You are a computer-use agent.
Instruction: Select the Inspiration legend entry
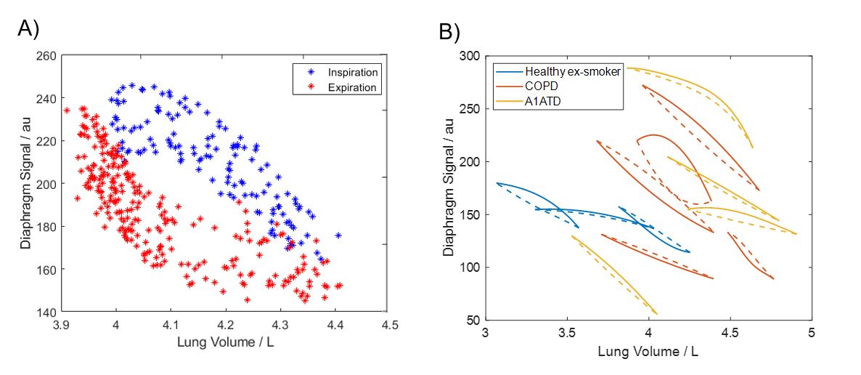click(x=352, y=73)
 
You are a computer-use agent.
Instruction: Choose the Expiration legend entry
click(x=352, y=87)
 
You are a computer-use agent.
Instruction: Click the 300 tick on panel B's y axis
click(x=472, y=56)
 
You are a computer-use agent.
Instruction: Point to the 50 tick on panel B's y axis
click(x=475, y=320)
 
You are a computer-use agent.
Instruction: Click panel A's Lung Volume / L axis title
click(x=226, y=342)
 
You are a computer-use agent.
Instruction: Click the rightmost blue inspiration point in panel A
click(x=338, y=235)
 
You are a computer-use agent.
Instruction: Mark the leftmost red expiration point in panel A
click(x=67, y=110)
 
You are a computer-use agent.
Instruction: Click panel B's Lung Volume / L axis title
click(x=648, y=351)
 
